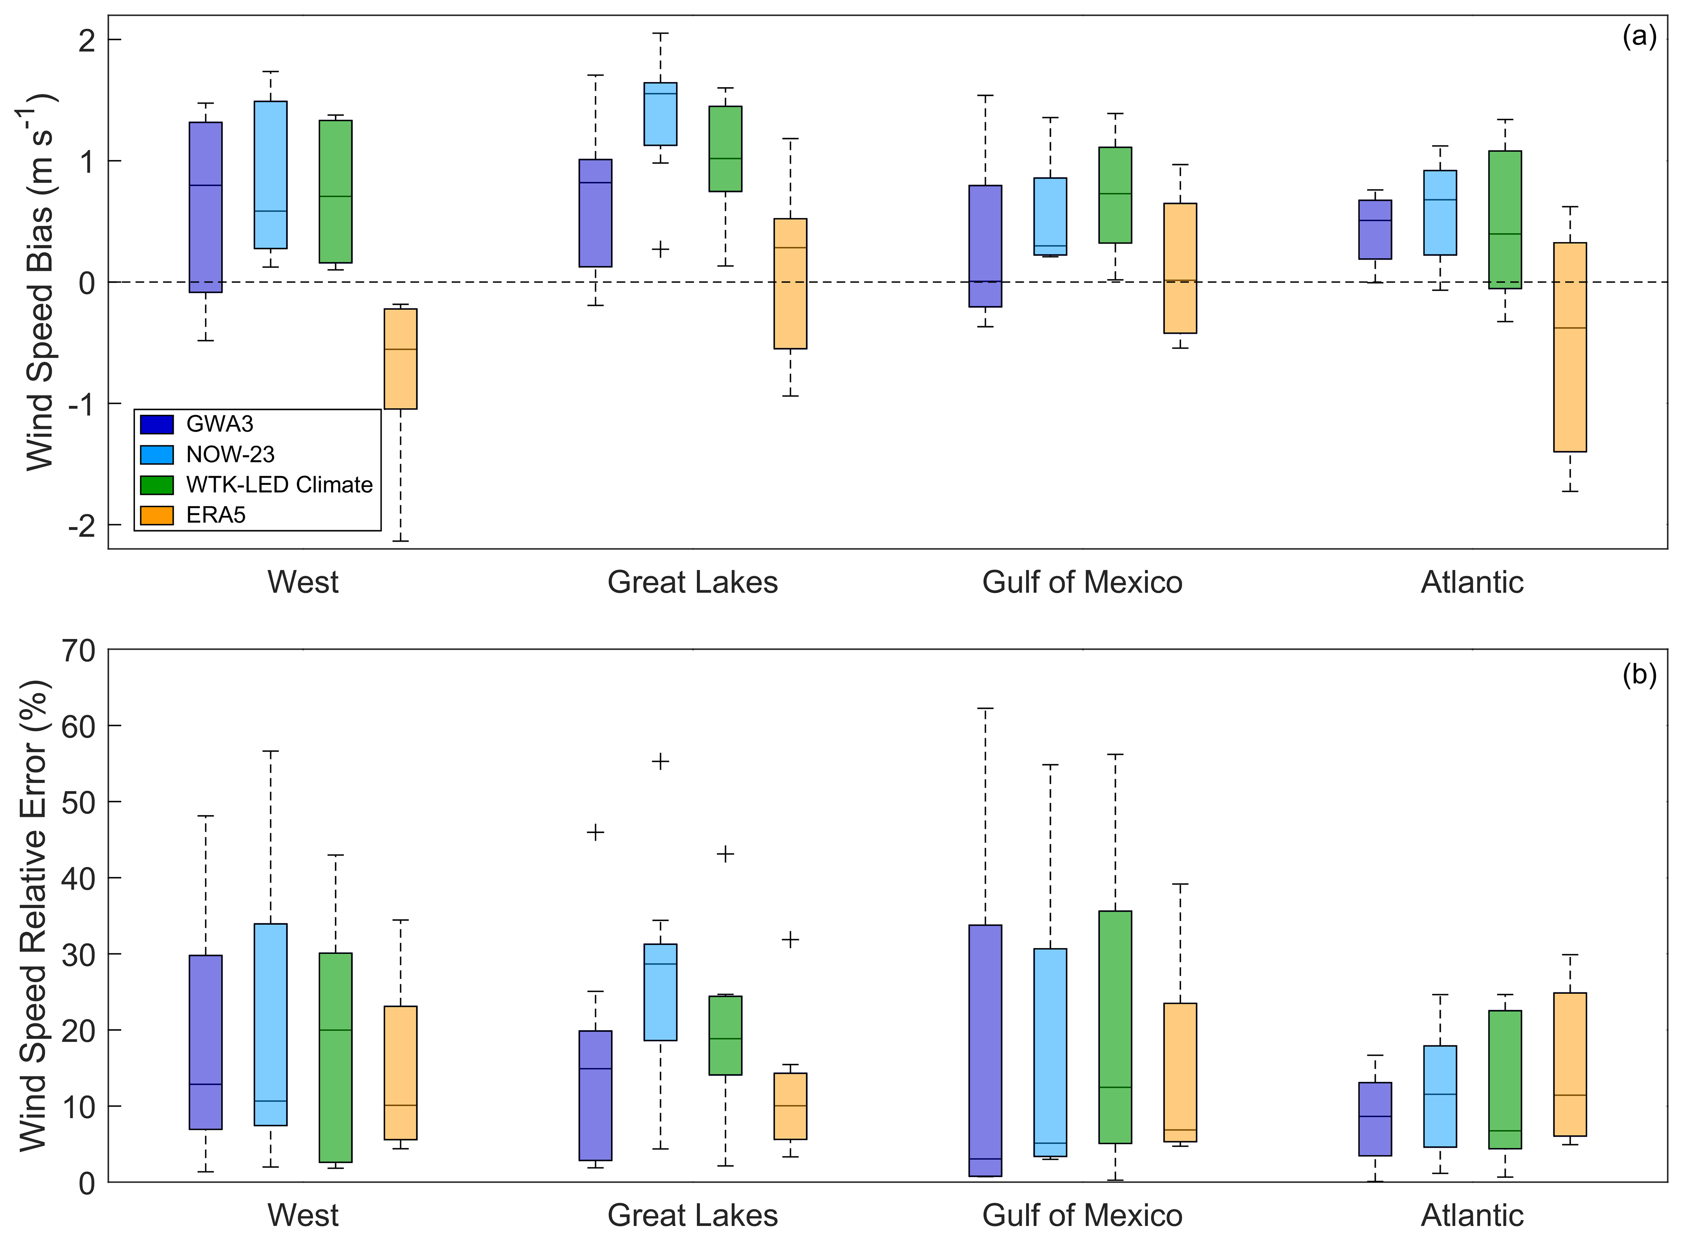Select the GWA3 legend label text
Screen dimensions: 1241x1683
click(219, 424)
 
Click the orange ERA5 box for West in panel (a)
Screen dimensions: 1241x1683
click(401, 359)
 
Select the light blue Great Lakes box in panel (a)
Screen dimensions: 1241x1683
click(660, 114)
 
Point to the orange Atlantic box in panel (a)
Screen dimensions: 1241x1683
click(1570, 347)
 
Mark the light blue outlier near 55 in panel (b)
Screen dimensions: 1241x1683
click(660, 762)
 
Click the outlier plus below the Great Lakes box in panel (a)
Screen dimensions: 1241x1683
click(660, 249)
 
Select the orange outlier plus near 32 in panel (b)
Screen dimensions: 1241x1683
click(790, 940)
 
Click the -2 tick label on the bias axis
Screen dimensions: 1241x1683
click(82, 525)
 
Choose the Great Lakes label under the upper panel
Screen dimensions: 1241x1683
click(692, 582)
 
